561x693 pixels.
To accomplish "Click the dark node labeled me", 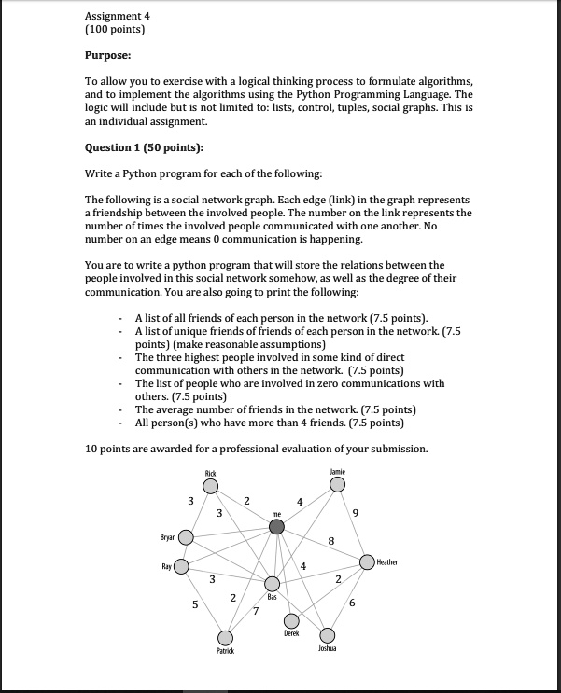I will [276, 527].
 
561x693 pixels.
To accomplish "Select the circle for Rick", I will [211, 485].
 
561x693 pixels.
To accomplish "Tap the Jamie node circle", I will [338, 483].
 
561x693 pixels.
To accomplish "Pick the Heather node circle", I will [368, 561].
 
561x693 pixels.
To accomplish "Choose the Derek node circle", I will [291, 620].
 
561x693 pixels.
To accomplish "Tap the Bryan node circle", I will [187, 537].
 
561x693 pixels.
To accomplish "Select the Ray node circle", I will [181, 566].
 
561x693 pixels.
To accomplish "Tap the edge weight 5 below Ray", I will [195, 604].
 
